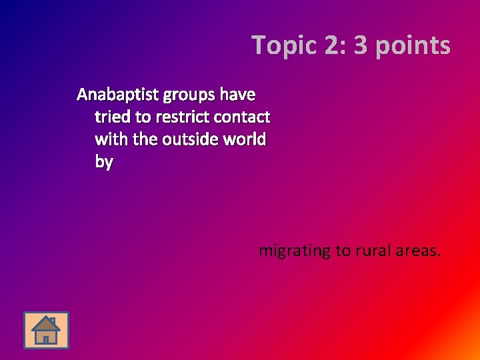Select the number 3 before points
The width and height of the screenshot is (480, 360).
[x=361, y=45]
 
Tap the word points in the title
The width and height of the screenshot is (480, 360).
[x=412, y=46]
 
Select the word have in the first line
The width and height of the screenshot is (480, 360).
[x=237, y=95]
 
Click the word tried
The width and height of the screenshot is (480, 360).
[x=113, y=117]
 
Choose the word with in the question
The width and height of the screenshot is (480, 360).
[x=109, y=139]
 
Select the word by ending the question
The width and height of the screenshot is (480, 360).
[x=104, y=163]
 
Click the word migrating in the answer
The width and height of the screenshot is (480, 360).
[x=295, y=251]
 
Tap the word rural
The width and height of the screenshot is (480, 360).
[x=373, y=251]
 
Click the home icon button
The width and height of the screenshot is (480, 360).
[x=46, y=330]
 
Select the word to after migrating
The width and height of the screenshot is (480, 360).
[x=343, y=251]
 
